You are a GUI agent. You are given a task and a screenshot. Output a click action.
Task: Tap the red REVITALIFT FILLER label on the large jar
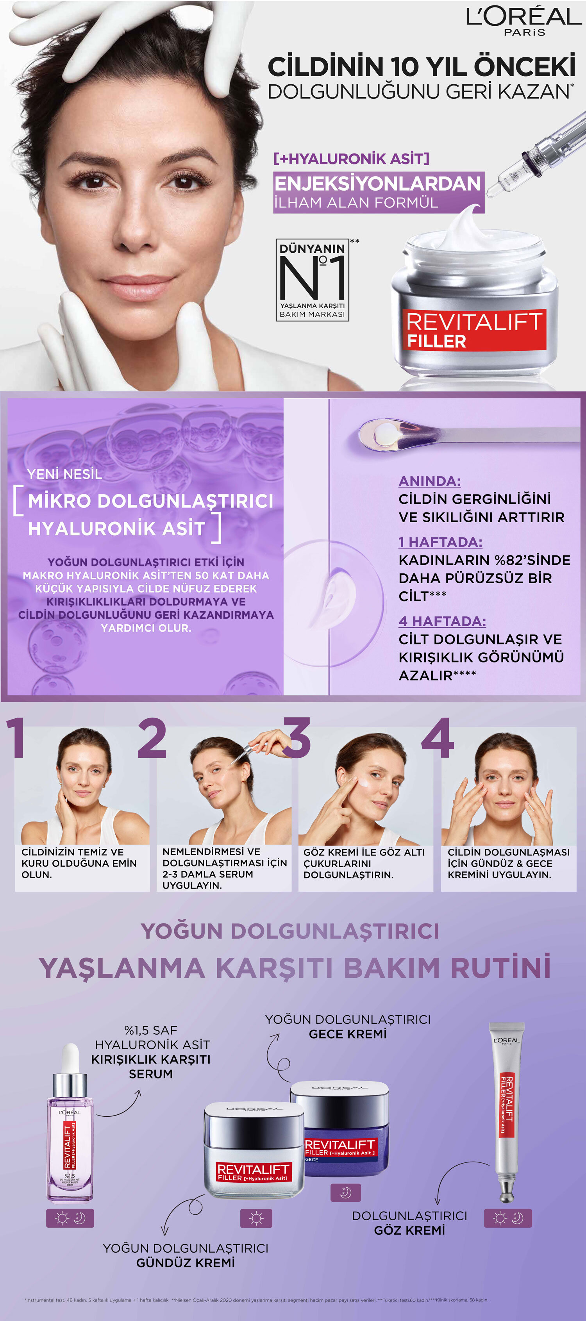click(x=474, y=329)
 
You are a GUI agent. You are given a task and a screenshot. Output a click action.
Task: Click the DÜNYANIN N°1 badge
click(x=312, y=280)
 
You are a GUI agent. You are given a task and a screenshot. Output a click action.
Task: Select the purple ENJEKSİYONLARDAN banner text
click(x=378, y=184)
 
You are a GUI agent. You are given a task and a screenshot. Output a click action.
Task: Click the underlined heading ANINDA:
click(x=430, y=481)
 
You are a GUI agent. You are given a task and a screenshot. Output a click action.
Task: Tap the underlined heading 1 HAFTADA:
click(x=440, y=542)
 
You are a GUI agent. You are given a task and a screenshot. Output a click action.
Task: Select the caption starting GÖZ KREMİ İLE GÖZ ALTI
click(x=364, y=863)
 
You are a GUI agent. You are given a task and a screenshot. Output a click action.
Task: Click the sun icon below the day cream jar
click(x=256, y=1218)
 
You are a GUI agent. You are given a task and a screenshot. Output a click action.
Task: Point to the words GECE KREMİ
click(x=348, y=1034)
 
